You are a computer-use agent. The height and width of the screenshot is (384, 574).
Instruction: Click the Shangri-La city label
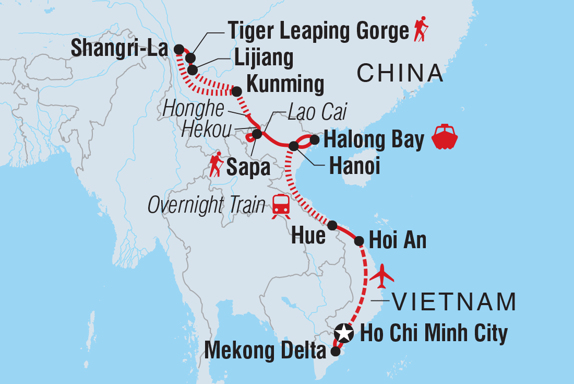[x=119, y=49]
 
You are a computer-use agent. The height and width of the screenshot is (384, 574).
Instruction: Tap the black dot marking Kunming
[x=236, y=92]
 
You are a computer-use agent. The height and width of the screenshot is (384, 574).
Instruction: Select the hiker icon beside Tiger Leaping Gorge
[x=420, y=30]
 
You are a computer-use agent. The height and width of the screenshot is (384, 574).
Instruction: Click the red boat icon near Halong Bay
[x=445, y=137]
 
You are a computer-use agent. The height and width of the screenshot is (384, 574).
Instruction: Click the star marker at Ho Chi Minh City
[x=343, y=332]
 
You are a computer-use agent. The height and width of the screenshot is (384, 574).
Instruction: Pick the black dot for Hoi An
[x=359, y=241]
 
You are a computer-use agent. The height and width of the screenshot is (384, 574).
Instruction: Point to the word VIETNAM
[x=453, y=301]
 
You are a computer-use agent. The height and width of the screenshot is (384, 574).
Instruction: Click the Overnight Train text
[x=207, y=205]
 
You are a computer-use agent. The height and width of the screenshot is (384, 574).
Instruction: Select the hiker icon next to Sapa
[x=214, y=165]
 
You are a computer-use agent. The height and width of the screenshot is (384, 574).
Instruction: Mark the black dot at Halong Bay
[x=314, y=139]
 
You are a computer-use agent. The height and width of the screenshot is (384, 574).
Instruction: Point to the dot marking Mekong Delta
[x=334, y=352]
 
